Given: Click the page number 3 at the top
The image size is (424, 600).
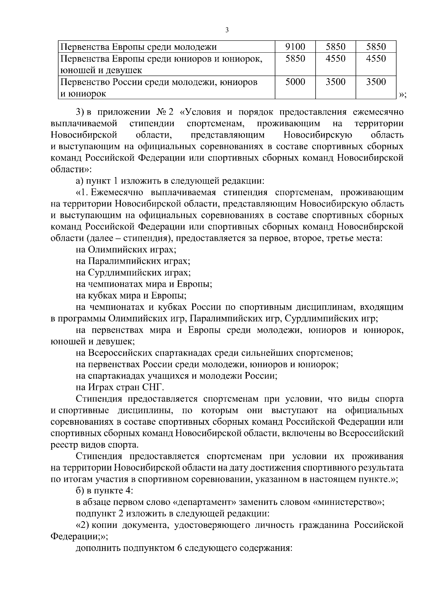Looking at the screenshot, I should click(227, 30).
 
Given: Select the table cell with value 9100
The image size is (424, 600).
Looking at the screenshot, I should click(295, 47).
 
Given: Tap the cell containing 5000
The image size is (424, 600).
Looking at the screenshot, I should click(295, 82).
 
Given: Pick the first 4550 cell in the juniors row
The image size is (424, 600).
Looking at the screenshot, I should click(335, 58).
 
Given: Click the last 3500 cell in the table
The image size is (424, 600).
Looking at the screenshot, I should click(376, 82).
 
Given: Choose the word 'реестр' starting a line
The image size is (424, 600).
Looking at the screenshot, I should click(62, 444).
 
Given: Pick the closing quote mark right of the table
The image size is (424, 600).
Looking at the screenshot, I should click(402, 94).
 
